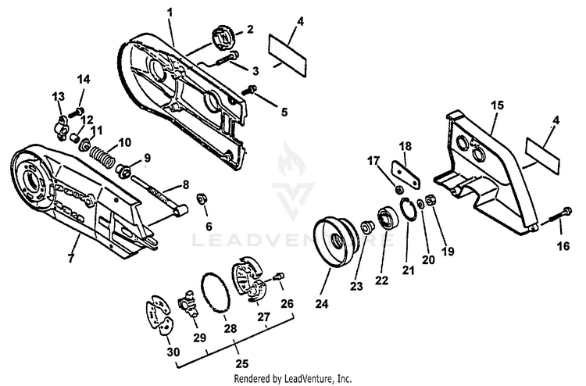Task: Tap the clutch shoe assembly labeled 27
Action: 251,281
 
